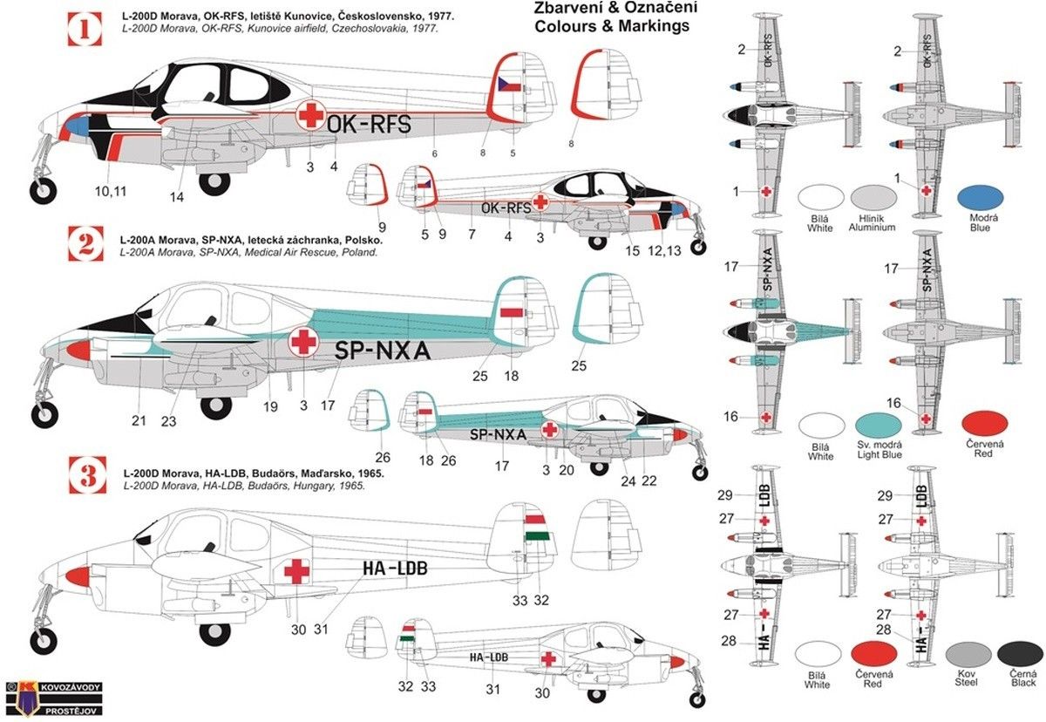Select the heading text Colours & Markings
pos(612,25)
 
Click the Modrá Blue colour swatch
pos(980,199)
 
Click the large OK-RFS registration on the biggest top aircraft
pos(368,124)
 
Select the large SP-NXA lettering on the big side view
pos(383,349)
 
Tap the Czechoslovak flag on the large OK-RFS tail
pos(510,85)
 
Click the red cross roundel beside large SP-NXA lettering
pos(302,342)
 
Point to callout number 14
pos(177,197)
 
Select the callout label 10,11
pos(110,191)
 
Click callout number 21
pos(139,421)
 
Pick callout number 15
pos(633,252)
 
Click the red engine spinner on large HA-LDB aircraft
pos(78,576)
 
